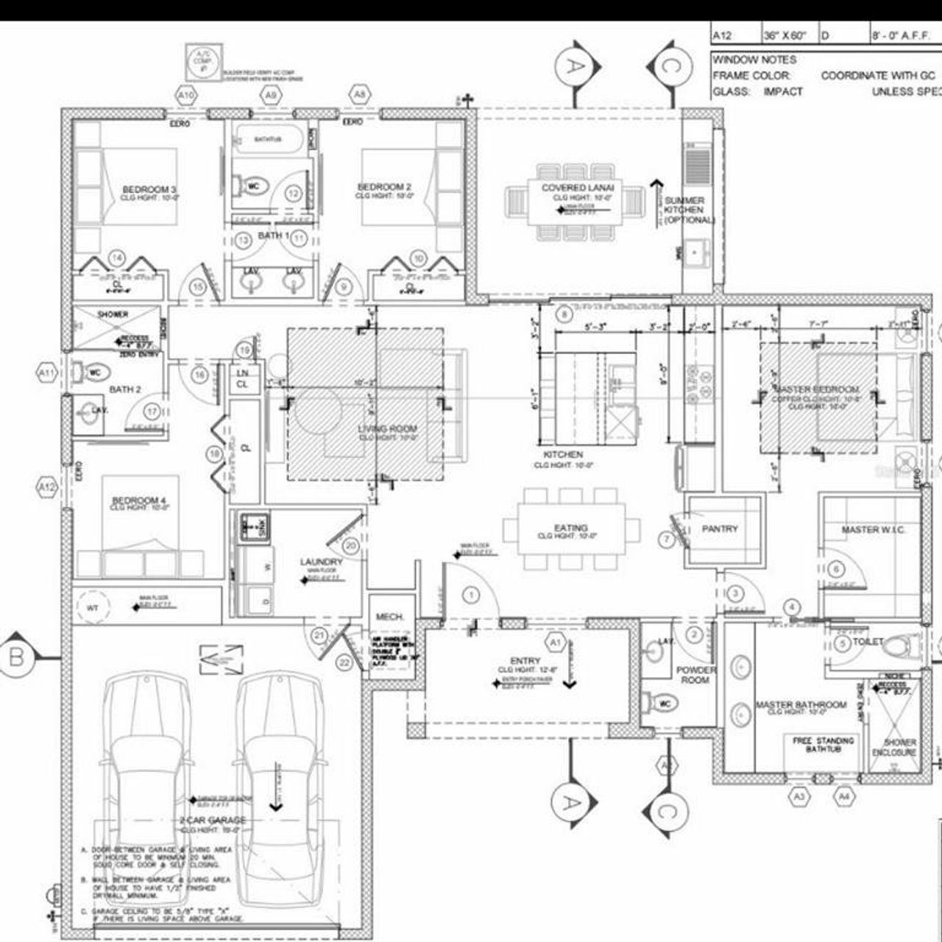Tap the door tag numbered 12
pos(293,194)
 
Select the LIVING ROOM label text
pos(388,429)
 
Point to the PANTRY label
pos(720,528)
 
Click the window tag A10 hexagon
pos(187,95)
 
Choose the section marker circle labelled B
pos(16,656)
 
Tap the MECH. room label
pos(390,617)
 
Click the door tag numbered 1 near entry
pos(471,595)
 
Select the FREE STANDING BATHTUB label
pos(824,745)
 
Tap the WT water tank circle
pos(93,607)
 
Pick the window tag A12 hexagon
pos(46,486)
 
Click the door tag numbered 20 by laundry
pos(350,545)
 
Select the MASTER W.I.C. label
pos(873,530)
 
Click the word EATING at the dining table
pos(571,528)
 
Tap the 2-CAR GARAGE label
pos(213,820)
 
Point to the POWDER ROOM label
pos(695,675)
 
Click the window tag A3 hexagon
pos(800,796)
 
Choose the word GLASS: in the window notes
pos(731,92)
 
